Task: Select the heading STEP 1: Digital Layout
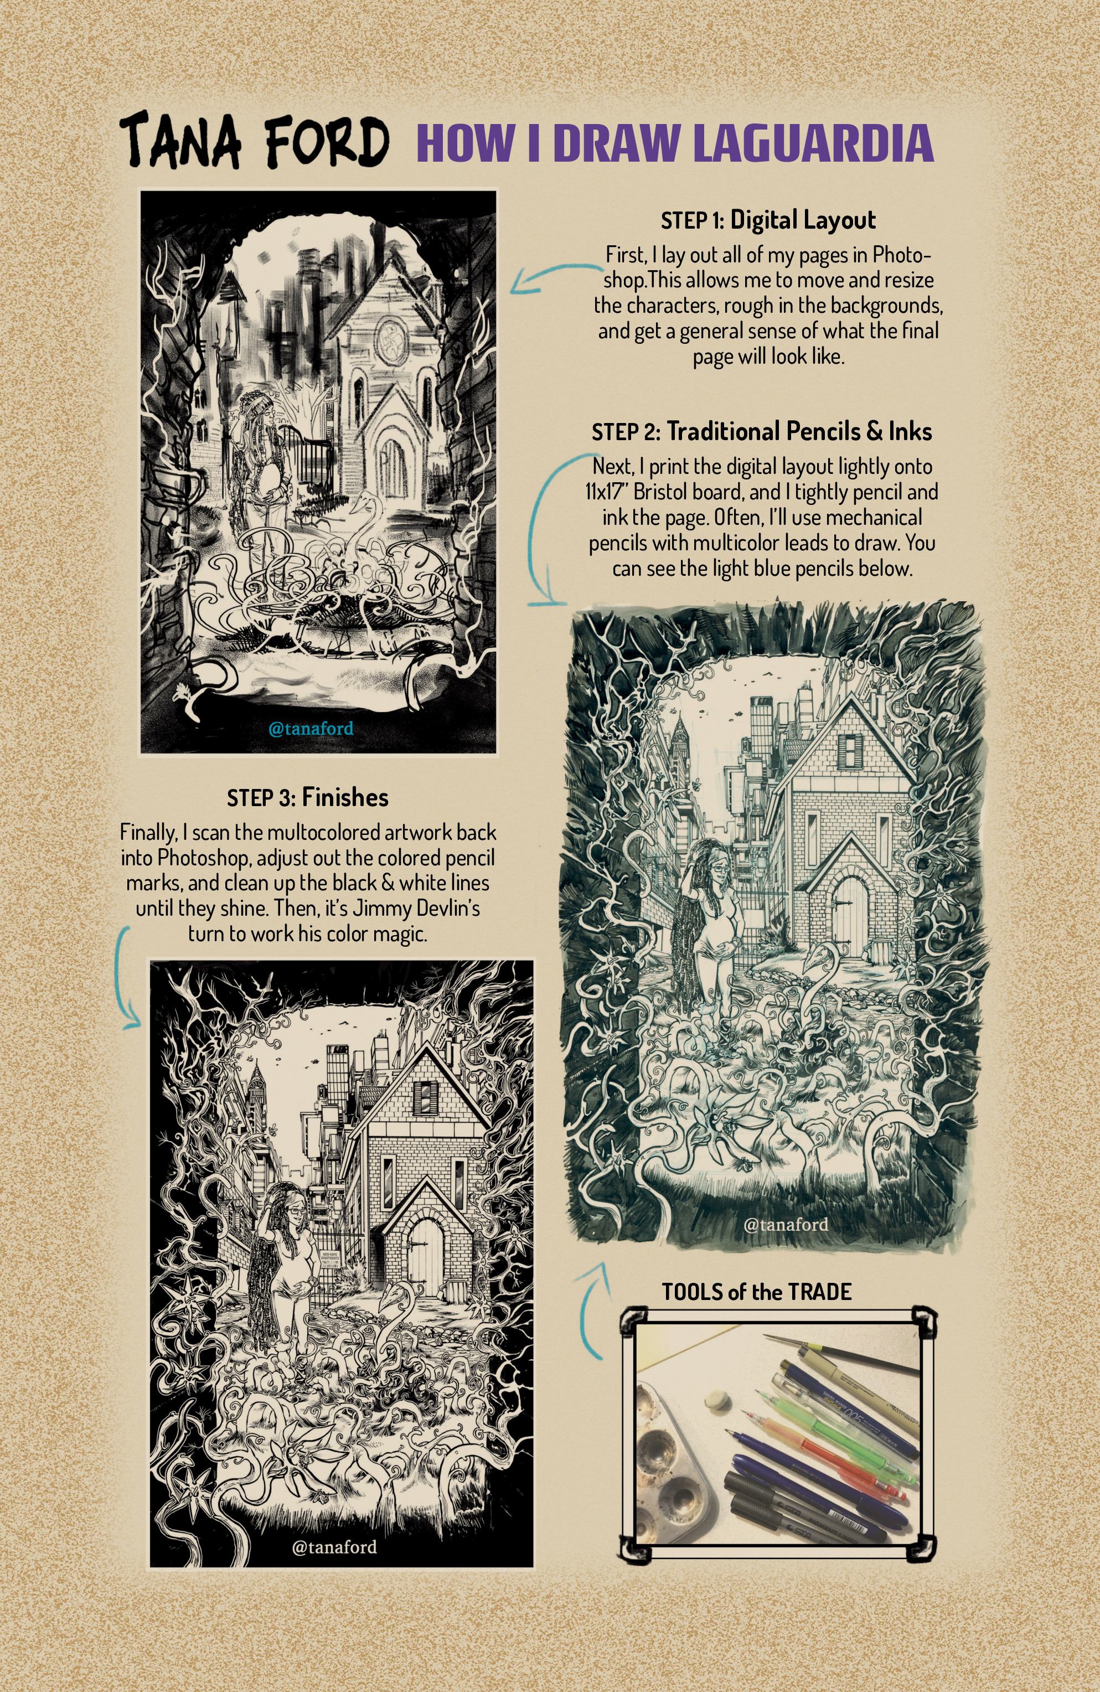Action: click(x=768, y=220)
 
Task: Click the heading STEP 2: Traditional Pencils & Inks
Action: click(x=762, y=431)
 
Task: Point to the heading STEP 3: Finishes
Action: click(x=308, y=798)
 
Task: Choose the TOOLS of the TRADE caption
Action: click(x=757, y=1292)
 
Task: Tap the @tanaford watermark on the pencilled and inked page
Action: click(x=786, y=1224)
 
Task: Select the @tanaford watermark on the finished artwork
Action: click(x=334, y=1547)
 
